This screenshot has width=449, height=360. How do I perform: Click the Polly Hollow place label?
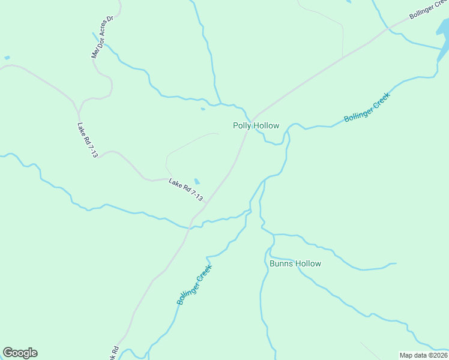click(x=256, y=126)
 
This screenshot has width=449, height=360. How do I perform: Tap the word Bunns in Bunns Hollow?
click(x=281, y=264)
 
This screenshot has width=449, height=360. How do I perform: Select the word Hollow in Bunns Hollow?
click(x=308, y=264)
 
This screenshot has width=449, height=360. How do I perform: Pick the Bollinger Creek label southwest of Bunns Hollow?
click(x=194, y=284)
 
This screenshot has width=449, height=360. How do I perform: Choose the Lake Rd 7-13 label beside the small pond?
click(x=186, y=190)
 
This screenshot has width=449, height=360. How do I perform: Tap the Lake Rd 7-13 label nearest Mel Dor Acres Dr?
click(x=88, y=140)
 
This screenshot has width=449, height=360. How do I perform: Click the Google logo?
click(x=20, y=353)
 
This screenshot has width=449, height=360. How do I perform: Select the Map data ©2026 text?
click(x=424, y=355)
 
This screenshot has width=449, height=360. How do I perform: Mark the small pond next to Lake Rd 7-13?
click(x=197, y=181)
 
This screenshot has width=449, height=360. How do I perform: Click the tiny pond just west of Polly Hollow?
click(x=203, y=109)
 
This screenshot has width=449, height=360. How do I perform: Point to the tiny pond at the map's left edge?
click(x=7, y=58)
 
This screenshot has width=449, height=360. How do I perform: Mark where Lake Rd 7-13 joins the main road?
click(x=206, y=202)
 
